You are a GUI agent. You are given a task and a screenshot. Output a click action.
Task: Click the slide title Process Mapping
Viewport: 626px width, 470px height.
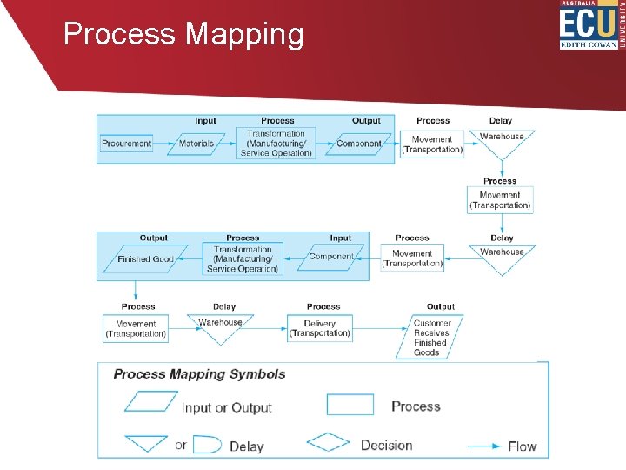pyautogui.click(x=183, y=34)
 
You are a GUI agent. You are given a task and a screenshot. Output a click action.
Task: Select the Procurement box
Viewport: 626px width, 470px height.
pyautogui.click(x=126, y=144)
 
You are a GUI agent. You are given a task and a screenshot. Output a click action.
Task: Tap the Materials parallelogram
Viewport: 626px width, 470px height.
pyautogui.click(x=196, y=144)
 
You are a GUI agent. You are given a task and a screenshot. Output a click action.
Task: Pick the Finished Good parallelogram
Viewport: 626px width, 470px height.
pyautogui.click(x=145, y=259)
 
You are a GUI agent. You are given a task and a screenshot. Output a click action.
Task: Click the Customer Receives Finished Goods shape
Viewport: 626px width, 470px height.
pyautogui.click(x=432, y=337)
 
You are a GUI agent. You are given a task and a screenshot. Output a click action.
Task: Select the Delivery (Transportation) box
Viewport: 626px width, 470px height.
pyautogui.click(x=320, y=328)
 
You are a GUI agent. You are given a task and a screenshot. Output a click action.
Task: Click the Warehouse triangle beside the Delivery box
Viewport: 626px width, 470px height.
pyautogui.click(x=221, y=326)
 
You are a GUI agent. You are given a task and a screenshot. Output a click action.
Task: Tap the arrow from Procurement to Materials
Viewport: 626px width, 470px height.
pyautogui.click(x=163, y=144)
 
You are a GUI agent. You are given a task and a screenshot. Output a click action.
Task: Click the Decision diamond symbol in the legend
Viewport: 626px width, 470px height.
pyautogui.click(x=328, y=444)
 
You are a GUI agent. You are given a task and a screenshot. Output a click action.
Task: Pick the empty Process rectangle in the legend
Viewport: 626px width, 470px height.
pyautogui.click(x=350, y=405)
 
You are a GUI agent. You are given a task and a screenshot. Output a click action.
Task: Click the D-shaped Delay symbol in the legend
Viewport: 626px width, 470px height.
pyautogui.click(x=206, y=444)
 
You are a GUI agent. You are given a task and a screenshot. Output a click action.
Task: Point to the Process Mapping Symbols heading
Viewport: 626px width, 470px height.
pyautogui.click(x=199, y=374)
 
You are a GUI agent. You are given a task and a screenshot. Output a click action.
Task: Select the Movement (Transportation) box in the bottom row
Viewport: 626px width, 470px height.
pyautogui.click(x=136, y=329)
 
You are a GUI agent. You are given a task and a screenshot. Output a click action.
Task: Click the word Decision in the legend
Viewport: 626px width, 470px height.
pyautogui.click(x=387, y=446)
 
